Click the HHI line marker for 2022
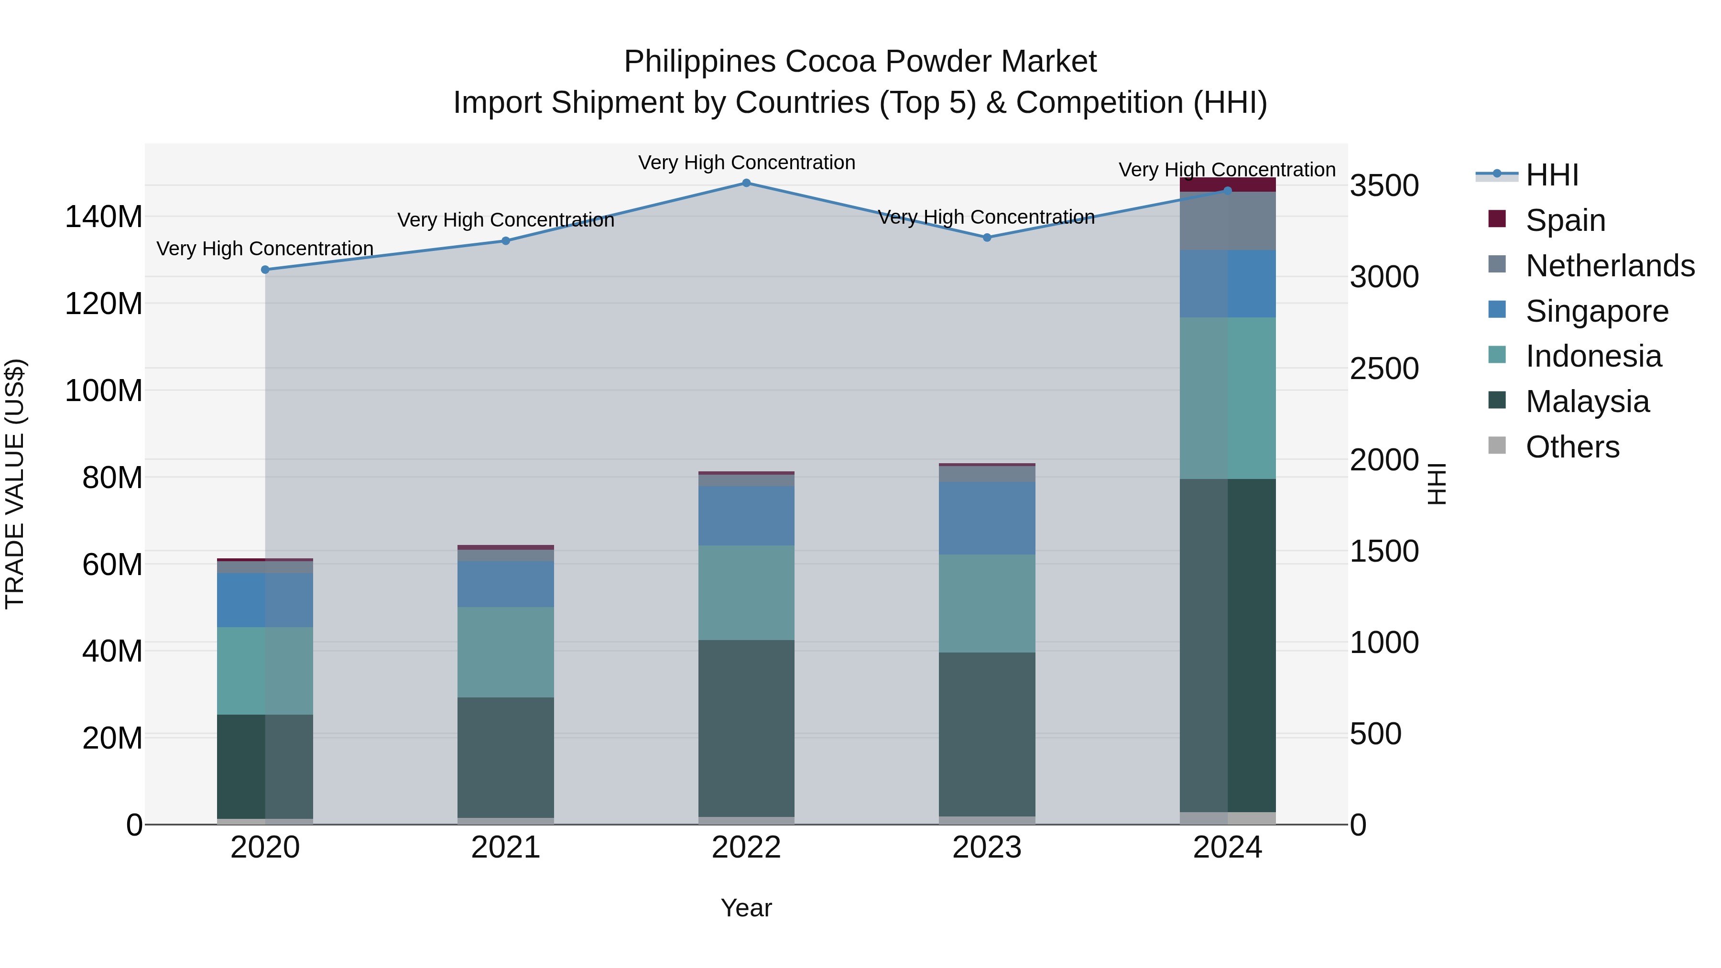(746, 183)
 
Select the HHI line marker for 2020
(265, 270)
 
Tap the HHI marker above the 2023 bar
(987, 237)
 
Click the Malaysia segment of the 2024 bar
(1227, 645)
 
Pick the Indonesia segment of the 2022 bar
(746, 593)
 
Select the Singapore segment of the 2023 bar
(987, 518)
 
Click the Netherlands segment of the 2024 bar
(1227, 221)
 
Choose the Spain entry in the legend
(1565, 220)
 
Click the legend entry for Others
(1571, 447)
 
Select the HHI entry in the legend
(1551, 175)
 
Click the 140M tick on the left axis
(104, 217)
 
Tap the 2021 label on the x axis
(506, 848)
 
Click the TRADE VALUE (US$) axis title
(15, 484)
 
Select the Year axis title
(746, 908)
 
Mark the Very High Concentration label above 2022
(746, 163)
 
